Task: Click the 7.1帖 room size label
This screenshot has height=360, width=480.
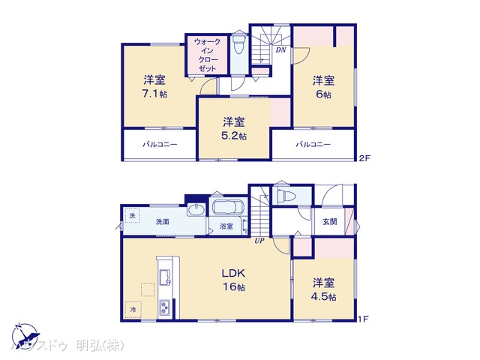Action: coord(155,95)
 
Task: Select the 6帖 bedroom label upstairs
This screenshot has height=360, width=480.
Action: coord(323,94)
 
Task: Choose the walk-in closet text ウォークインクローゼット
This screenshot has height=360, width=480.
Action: coord(207,55)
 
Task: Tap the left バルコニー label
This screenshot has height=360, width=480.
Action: coord(160,144)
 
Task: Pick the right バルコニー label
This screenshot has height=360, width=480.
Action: coord(312,144)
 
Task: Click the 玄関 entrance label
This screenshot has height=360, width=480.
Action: coord(330,221)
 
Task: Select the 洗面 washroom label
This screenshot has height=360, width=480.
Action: coord(163,222)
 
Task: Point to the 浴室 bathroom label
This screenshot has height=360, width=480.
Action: coord(226,226)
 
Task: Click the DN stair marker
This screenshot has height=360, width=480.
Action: coord(280,51)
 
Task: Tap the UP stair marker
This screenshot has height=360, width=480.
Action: coord(259,241)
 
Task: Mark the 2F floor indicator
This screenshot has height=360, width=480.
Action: coord(364,157)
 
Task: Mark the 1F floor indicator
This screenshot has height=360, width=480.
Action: coord(364,320)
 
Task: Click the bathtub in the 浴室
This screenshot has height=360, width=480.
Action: coord(228,208)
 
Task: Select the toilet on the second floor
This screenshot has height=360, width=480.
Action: coord(238,46)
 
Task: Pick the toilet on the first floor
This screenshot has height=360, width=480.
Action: coord(285,197)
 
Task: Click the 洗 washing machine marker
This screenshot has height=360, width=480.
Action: coord(132,215)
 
